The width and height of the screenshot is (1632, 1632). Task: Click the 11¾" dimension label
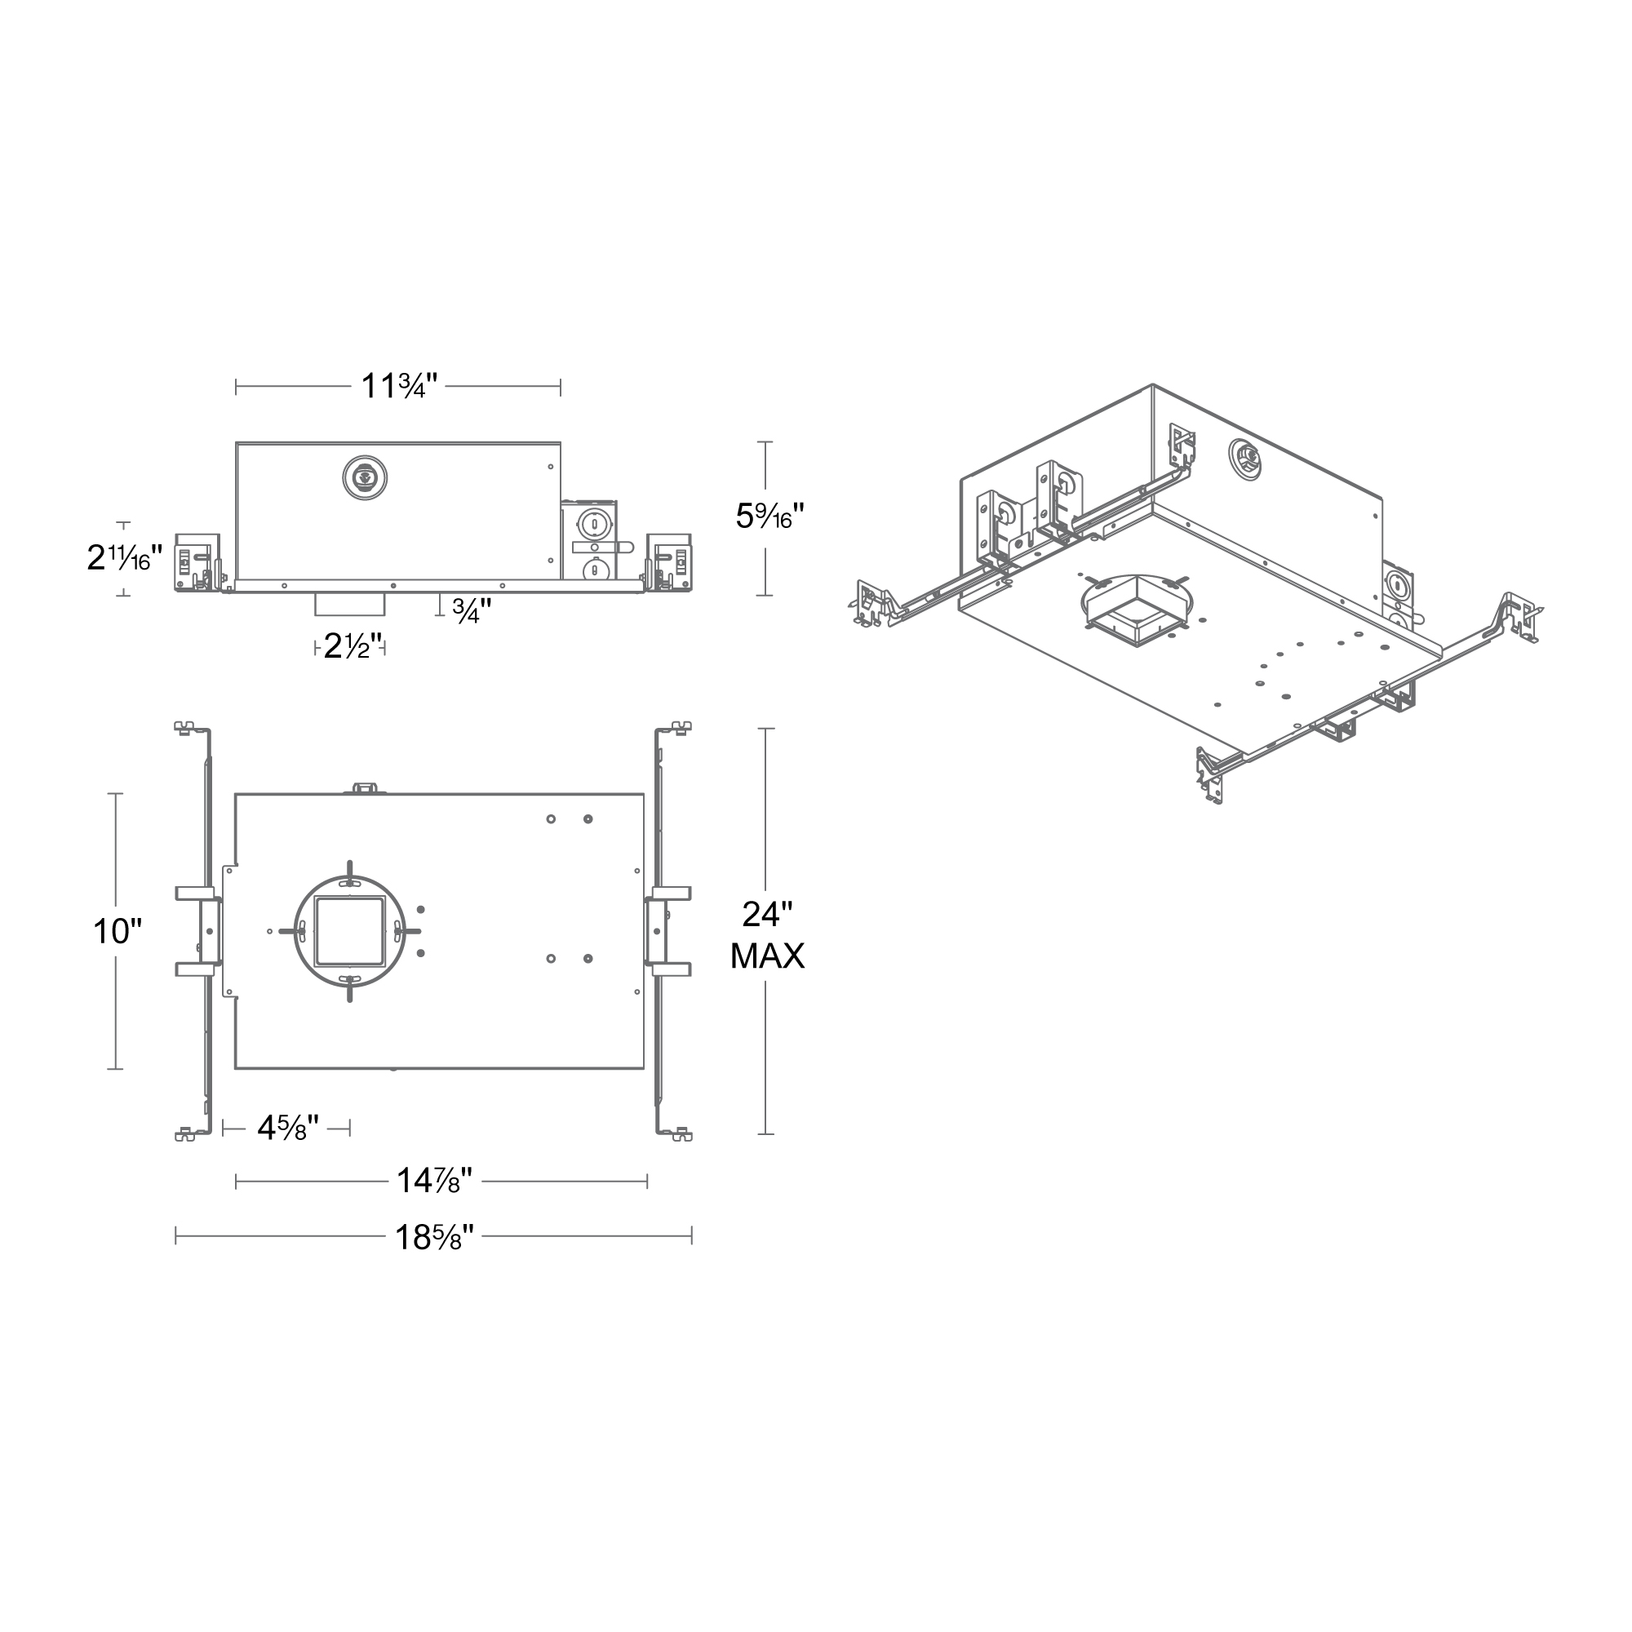[399, 387]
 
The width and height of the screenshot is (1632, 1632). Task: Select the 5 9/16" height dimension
[769, 517]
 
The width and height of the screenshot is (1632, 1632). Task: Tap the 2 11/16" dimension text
[124, 557]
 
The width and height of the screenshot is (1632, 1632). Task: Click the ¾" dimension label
[472, 610]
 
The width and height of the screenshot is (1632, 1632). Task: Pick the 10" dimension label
[117, 932]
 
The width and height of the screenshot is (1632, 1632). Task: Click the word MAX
[767, 956]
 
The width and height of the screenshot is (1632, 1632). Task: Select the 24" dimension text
[767, 914]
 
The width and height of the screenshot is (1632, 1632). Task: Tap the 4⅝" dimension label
[287, 1128]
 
